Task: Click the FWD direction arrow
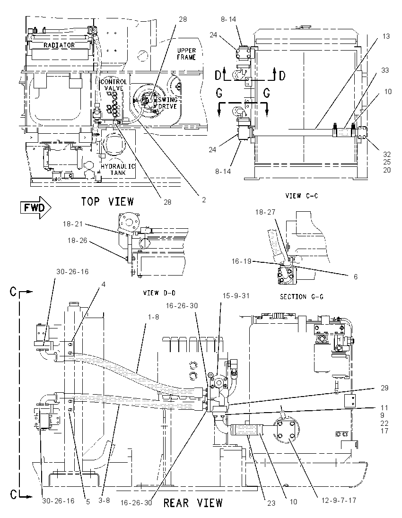[x=35, y=207]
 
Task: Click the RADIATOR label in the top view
[x=59, y=44]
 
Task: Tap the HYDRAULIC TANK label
[x=118, y=169]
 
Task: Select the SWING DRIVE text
[x=168, y=103]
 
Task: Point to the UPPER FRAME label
[x=186, y=53]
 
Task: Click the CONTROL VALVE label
[x=114, y=85]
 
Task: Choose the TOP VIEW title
[x=108, y=201]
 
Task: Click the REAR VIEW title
[x=193, y=503]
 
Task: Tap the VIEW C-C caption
[x=302, y=196]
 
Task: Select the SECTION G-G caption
[x=302, y=297]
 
